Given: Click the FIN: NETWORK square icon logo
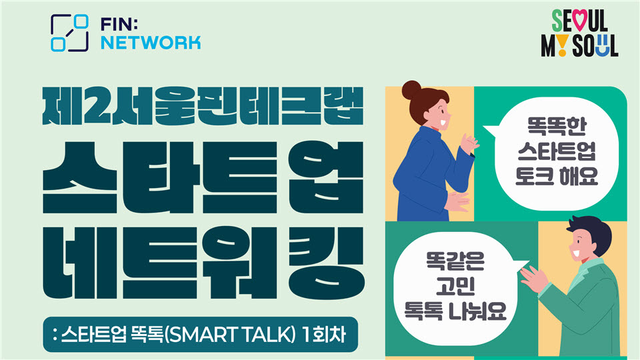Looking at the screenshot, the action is (69, 33).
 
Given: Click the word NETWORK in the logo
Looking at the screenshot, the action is (151, 43).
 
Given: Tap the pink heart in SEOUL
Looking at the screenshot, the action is (579, 20).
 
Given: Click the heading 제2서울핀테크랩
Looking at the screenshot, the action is (203, 106).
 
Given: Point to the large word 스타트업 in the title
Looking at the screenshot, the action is (203, 177).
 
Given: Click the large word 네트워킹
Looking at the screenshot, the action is (203, 263).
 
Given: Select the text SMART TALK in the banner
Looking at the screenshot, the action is (229, 335).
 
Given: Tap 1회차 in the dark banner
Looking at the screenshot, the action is (325, 335).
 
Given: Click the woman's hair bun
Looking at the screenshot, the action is (411, 90).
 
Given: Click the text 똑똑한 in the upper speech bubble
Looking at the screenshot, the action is (557, 127).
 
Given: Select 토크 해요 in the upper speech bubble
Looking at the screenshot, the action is (557, 176).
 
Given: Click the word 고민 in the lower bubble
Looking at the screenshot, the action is (455, 286).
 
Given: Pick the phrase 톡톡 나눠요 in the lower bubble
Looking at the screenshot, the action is (455, 311).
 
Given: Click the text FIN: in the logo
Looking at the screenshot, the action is (119, 25).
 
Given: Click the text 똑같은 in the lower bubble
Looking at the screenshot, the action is (455, 261).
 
